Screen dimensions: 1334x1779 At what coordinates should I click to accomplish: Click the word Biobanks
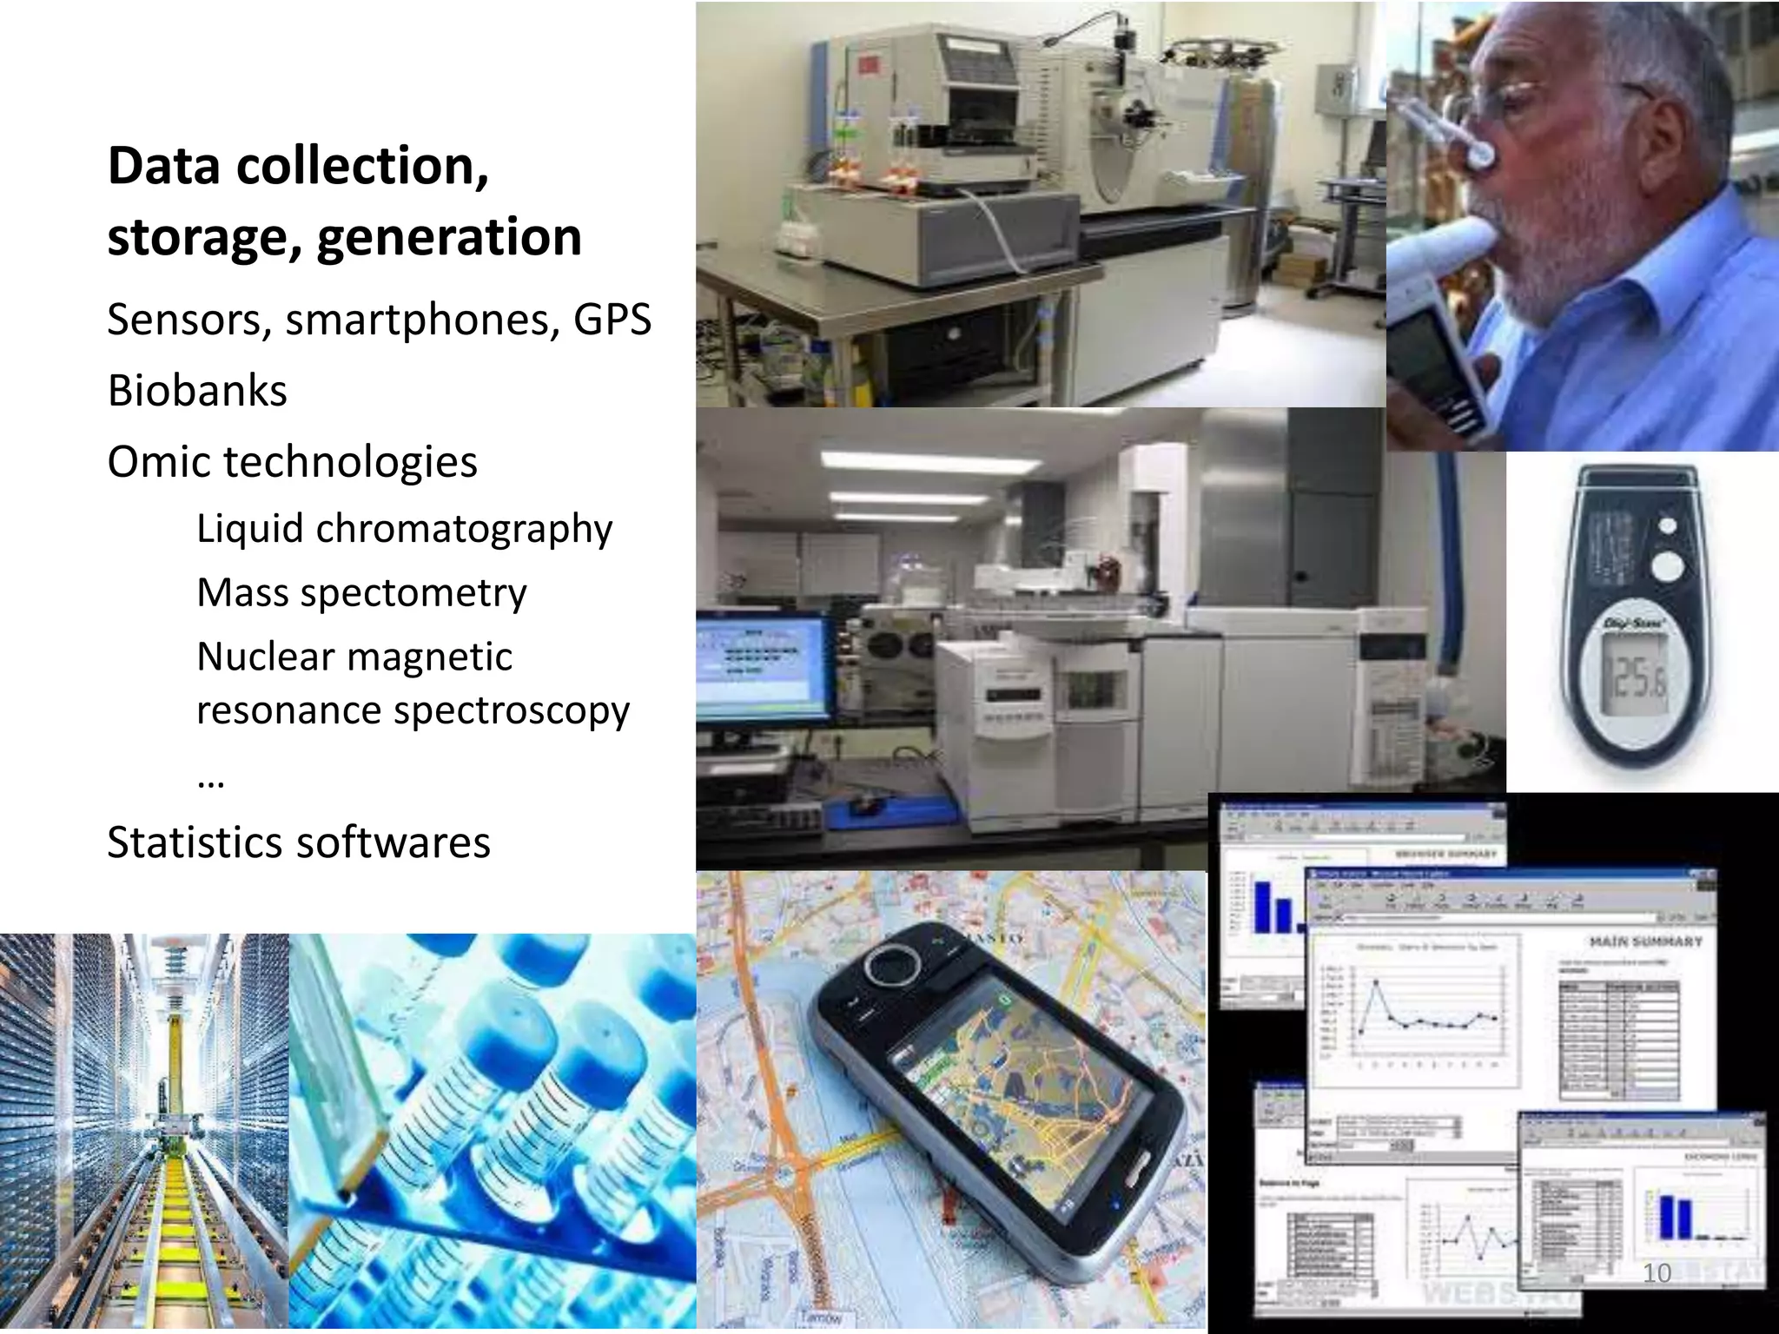[x=197, y=391]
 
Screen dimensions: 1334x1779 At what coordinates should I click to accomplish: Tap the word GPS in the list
[x=612, y=320]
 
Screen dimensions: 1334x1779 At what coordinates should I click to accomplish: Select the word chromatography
[x=464, y=530]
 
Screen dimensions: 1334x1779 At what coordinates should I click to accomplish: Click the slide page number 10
[x=1657, y=1273]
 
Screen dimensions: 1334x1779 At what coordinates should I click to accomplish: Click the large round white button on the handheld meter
[x=1666, y=567]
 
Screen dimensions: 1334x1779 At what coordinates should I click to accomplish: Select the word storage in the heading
[x=205, y=238]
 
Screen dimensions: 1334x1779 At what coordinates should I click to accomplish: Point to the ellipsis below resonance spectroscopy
[x=211, y=782]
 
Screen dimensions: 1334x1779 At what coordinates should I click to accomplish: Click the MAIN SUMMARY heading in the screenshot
[x=1645, y=941]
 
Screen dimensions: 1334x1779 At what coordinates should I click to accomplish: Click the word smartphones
[x=422, y=320]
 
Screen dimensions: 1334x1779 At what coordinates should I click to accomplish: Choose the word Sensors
[x=184, y=320]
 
